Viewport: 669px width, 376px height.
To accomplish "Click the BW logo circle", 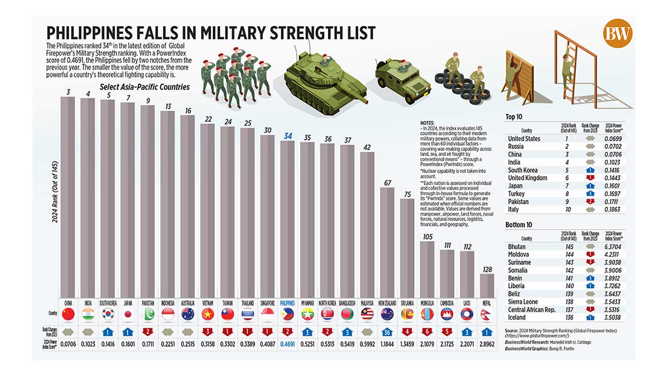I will [x=618, y=34].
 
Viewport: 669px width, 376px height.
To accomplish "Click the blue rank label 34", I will [x=288, y=136].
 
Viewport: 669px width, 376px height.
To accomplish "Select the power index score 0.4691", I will [x=288, y=345].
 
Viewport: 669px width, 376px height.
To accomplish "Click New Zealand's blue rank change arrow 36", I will [x=387, y=332].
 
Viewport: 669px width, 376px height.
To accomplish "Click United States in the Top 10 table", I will [x=524, y=138].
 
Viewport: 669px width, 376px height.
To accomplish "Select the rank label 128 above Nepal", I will [x=487, y=269].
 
